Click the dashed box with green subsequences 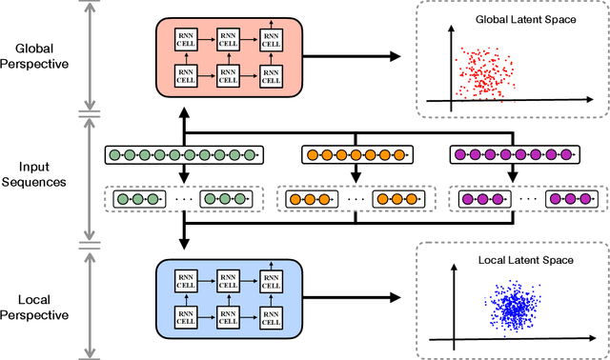pos(183,200)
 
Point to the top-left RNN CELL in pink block pos(185,39)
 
